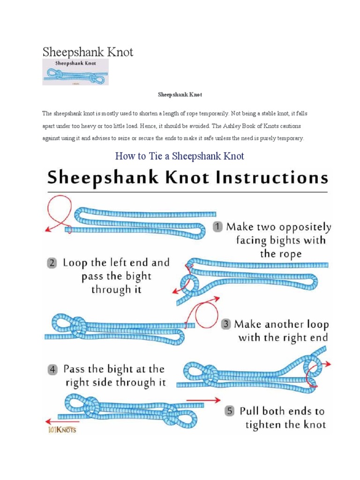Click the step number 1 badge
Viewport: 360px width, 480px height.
coord(217,227)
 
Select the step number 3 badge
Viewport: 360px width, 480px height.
coord(225,324)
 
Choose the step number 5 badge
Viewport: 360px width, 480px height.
coord(229,411)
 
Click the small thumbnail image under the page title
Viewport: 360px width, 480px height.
coord(75,72)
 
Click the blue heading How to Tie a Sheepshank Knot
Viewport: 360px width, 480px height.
coord(180,156)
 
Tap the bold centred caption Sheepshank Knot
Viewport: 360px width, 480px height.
coord(180,95)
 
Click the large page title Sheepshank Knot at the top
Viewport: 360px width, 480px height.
coord(88,52)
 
